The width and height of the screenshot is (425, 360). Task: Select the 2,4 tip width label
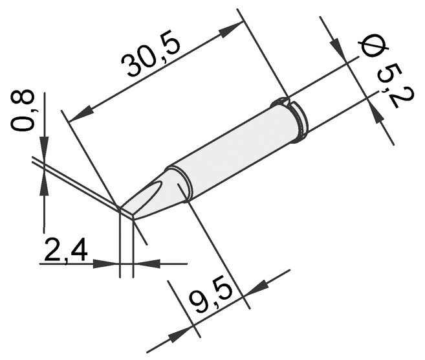pyautogui.click(x=66, y=249)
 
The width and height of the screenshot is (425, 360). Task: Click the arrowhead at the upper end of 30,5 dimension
pyautogui.click(x=230, y=30)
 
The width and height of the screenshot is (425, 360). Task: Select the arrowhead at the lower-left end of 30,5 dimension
pyautogui.click(x=81, y=115)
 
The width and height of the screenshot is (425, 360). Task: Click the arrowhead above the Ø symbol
pyautogui.click(x=338, y=47)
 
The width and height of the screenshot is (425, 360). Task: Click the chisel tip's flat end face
pyautogui.click(x=127, y=213)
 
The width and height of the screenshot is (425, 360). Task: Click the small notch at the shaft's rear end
pyautogui.click(x=283, y=101)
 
